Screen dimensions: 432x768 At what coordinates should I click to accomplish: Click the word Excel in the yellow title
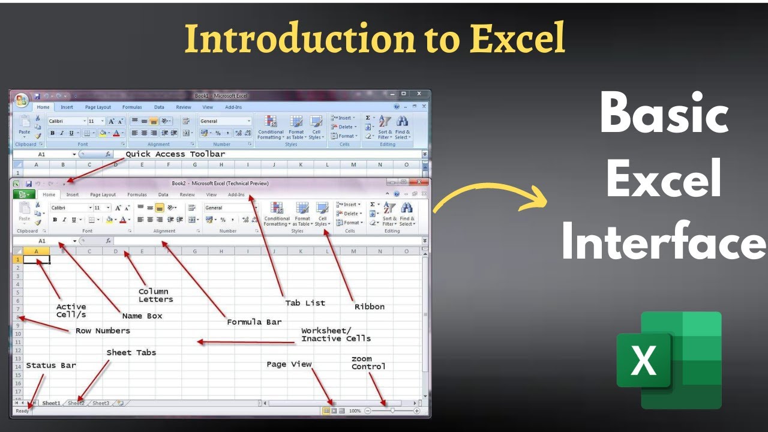(517, 38)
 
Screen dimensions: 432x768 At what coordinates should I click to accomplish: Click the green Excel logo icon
(669, 360)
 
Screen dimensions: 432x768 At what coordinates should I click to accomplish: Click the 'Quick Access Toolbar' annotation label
(175, 154)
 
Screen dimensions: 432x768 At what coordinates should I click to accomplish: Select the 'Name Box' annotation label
(142, 316)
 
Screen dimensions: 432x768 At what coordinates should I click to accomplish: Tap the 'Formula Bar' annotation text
(254, 322)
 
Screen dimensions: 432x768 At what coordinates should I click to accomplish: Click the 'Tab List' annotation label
(305, 303)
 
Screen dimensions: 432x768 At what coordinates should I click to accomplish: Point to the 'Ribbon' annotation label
(370, 307)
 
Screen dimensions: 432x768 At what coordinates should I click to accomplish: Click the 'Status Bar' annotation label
(51, 365)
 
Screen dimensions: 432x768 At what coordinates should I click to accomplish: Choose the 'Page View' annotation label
(289, 364)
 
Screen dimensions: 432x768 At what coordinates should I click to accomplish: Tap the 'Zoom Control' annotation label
(368, 363)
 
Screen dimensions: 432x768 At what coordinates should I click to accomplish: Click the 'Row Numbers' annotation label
(103, 331)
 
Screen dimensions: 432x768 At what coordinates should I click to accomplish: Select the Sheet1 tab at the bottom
(51, 403)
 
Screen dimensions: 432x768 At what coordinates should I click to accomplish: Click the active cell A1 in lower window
(37, 259)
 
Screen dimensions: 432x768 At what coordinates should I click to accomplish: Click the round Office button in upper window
(22, 100)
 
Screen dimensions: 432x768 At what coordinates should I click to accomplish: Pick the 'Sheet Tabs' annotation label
(131, 352)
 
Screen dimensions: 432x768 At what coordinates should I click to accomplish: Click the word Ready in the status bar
(22, 411)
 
